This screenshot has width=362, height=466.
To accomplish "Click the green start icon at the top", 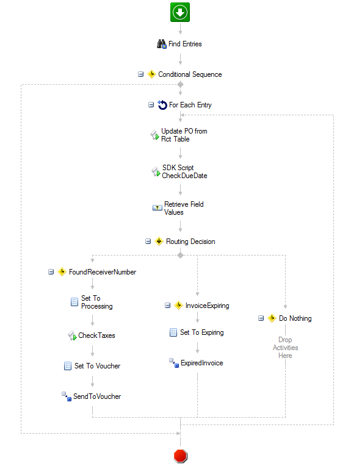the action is [x=180, y=12].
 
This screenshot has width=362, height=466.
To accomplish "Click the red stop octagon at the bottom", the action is [x=180, y=456].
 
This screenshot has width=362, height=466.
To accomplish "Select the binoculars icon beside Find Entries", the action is [x=162, y=44].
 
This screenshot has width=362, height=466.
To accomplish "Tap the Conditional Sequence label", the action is [x=190, y=74].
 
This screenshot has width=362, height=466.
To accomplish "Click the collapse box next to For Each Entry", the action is [x=151, y=105].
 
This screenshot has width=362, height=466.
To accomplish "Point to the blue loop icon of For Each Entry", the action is [x=162, y=105].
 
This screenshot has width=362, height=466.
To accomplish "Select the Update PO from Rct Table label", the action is [x=184, y=135].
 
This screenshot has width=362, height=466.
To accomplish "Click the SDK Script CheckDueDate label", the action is [x=184, y=171].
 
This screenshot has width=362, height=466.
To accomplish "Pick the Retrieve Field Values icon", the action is [x=157, y=207].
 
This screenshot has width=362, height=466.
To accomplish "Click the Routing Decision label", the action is [x=190, y=242].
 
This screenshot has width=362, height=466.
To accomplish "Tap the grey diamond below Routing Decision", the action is [x=180, y=255].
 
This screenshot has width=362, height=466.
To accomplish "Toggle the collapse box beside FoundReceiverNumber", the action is [x=51, y=271].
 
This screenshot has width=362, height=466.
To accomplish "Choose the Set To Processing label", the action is [x=96, y=302].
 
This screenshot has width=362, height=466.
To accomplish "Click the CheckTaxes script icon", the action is [x=72, y=335].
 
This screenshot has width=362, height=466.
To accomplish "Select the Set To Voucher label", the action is [x=97, y=366].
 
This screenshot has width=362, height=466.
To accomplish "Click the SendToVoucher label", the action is [x=97, y=396].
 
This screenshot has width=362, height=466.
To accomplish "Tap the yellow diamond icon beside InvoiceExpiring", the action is [x=178, y=305].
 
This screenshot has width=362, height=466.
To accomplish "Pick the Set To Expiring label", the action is [x=201, y=332].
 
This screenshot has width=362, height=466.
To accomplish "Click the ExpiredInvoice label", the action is [x=201, y=363].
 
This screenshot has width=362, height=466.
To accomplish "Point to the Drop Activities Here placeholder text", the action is [x=285, y=348].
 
